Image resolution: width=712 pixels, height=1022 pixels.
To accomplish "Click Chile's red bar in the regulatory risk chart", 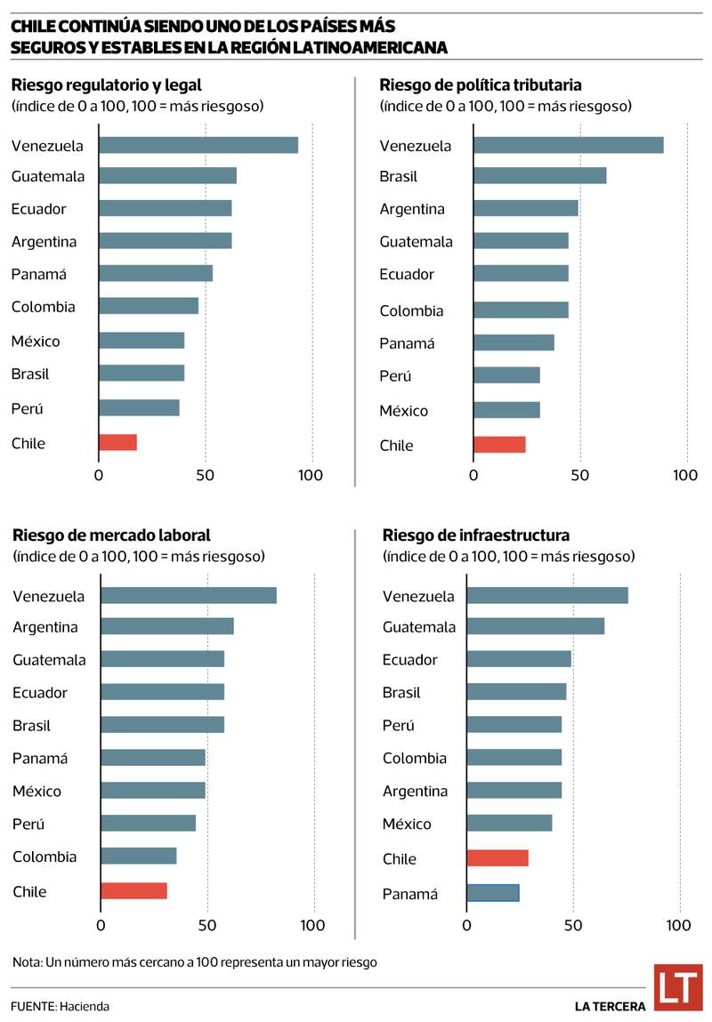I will tap(117, 442).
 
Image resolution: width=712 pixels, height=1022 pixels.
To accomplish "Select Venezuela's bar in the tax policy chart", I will tap(568, 145).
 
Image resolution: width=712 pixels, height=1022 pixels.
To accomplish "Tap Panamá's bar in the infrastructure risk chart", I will tap(492, 892).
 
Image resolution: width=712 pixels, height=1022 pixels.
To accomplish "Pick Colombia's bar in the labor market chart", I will tap(138, 856).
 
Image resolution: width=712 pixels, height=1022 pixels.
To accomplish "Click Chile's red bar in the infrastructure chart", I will tap(497, 858).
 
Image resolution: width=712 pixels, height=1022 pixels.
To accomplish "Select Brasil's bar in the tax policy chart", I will tap(539, 175).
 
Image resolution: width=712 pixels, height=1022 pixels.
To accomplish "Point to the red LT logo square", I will tap(677, 987).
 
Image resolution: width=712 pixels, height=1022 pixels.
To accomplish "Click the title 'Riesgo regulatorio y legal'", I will tap(107, 85).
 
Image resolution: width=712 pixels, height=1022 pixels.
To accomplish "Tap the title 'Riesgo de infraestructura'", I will tap(476, 535).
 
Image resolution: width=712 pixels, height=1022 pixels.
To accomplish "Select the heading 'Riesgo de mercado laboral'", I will tap(111, 535).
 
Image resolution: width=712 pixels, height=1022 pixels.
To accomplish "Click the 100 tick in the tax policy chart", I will tap(685, 475).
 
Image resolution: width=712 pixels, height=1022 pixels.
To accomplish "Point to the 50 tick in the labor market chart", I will tap(207, 926).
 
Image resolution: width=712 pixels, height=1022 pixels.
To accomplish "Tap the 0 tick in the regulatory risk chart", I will tap(99, 475).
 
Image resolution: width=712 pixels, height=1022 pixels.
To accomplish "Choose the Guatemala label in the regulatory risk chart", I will tap(48, 176).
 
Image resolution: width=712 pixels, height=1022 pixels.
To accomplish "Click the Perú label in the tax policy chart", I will tap(395, 376).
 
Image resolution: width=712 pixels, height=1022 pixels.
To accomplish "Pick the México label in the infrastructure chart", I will tap(407, 824).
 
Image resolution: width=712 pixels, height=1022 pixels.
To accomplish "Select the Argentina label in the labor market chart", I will tap(45, 627).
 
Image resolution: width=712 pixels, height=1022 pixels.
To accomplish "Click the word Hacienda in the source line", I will tap(85, 1006).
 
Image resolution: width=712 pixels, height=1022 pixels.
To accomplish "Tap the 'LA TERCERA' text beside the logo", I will tap(610, 1006).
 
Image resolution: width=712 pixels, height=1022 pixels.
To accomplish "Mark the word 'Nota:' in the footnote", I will tap(28, 962).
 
